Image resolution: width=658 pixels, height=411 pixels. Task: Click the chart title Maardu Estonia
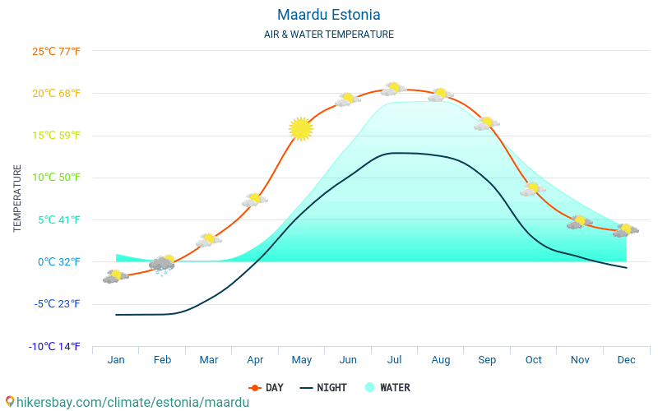click(x=328, y=15)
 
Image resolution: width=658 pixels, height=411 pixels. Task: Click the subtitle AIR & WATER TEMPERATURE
click(x=328, y=35)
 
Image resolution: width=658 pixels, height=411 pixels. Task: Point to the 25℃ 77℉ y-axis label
click(x=56, y=51)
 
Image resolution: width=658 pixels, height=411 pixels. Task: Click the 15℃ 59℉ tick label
click(x=56, y=136)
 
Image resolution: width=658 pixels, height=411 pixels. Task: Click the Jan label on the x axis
click(x=116, y=359)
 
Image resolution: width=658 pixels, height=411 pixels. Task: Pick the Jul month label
click(x=394, y=359)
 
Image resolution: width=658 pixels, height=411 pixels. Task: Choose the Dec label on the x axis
click(x=626, y=359)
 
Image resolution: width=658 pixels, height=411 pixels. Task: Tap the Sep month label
click(x=487, y=359)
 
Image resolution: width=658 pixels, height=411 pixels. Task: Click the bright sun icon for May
click(x=301, y=128)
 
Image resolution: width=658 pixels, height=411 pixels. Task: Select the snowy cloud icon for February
click(x=162, y=264)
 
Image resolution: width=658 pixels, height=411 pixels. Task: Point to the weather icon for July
click(x=393, y=89)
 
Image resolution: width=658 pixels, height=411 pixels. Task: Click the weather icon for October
click(x=533, y=189)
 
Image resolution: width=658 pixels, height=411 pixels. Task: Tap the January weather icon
click(x=115, y=276)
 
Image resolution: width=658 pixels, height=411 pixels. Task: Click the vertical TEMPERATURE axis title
click(x=17, y=198)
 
